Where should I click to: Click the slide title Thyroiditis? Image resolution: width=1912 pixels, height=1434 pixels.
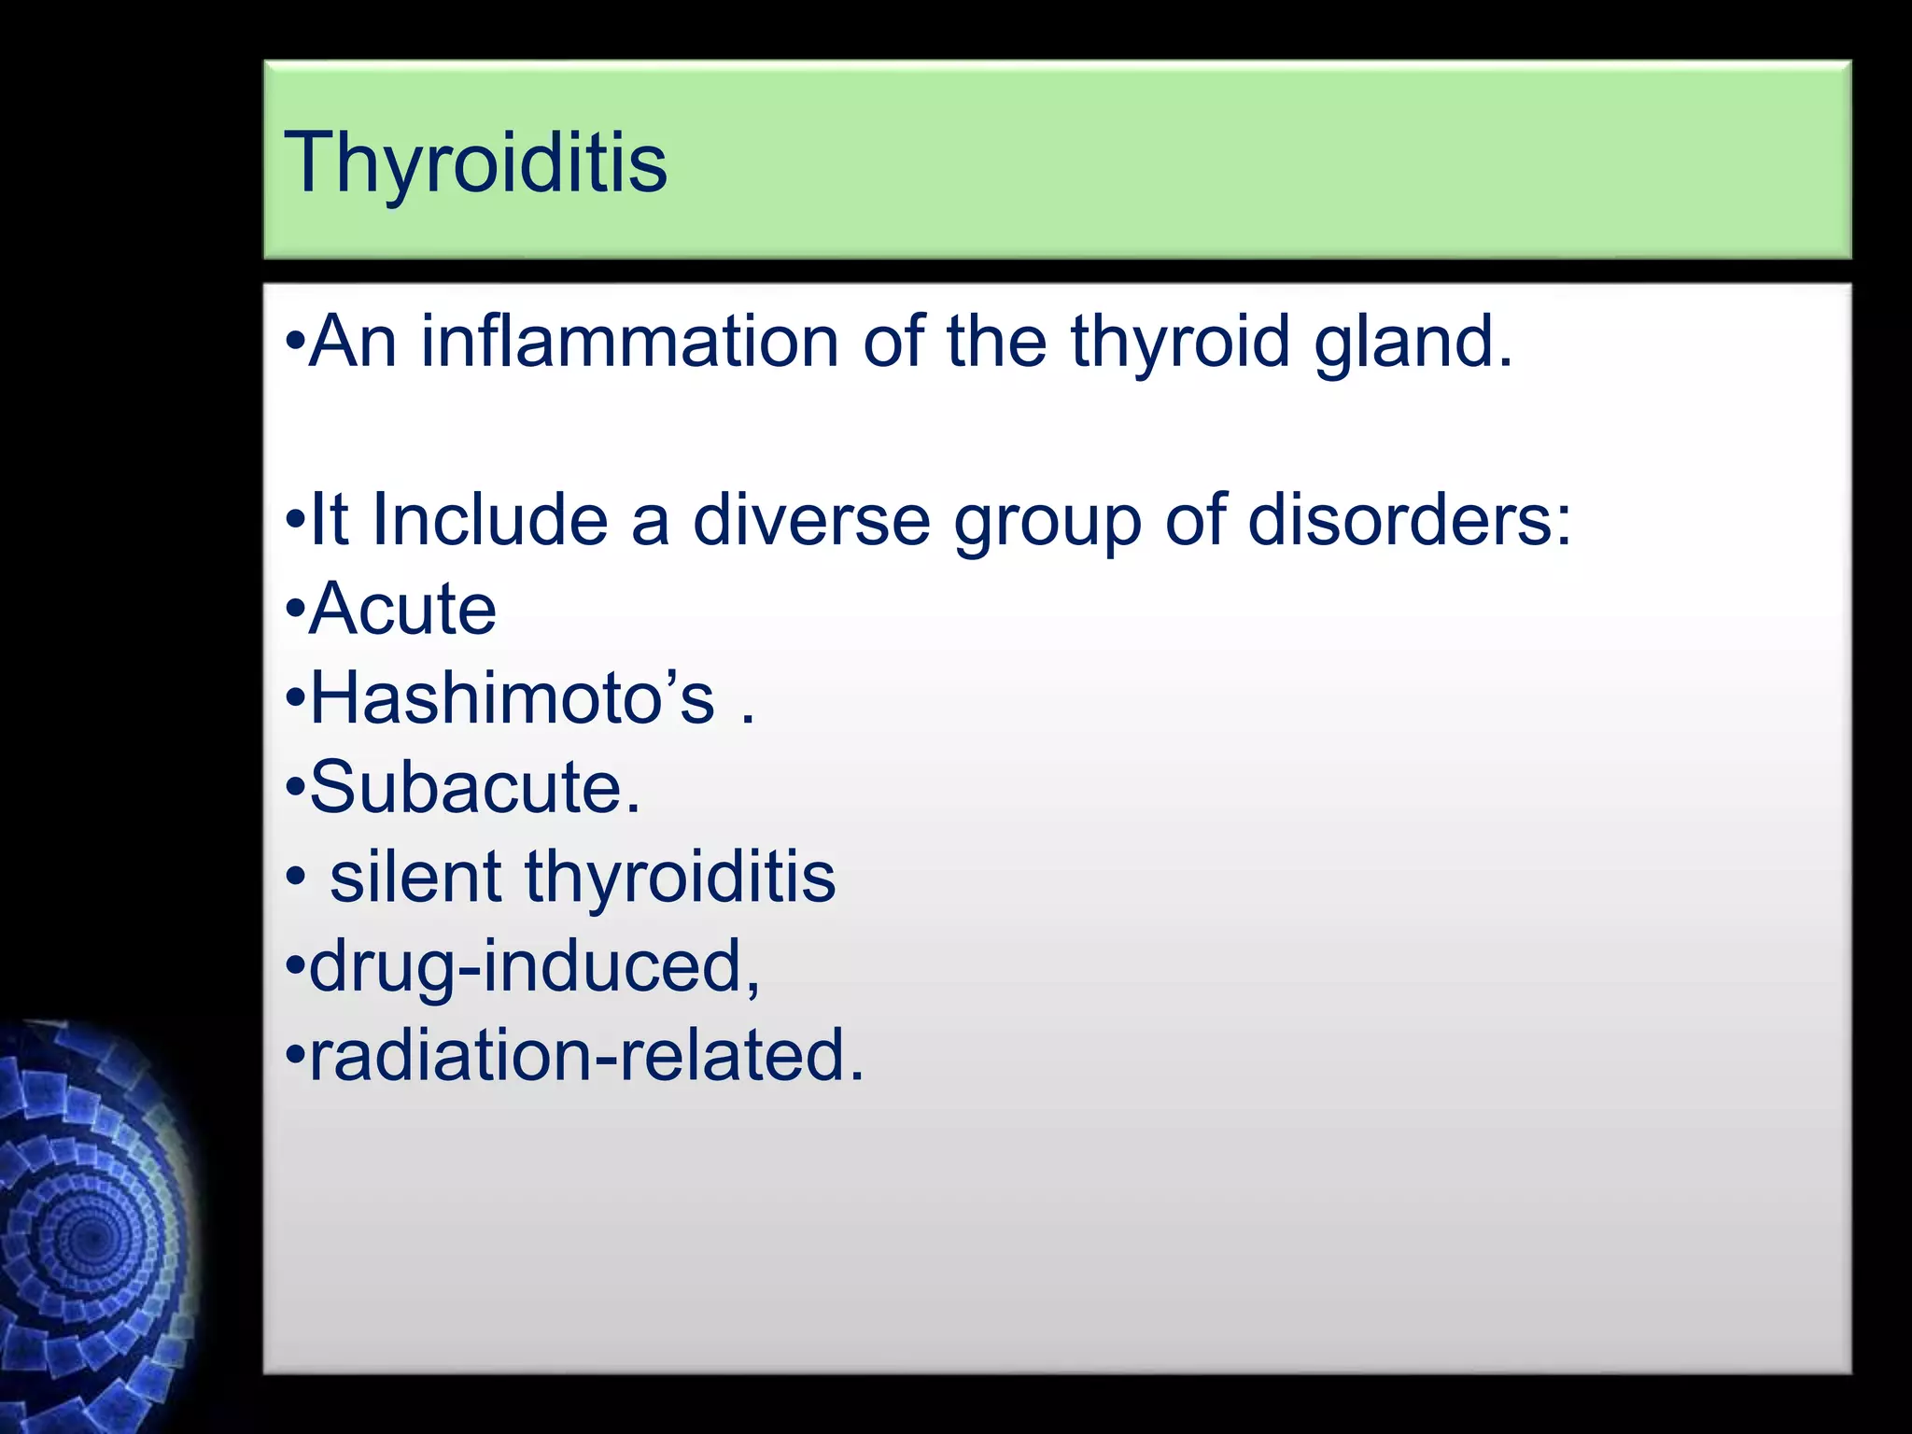(475, 164)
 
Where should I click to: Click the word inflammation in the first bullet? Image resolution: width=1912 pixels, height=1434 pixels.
(630, 342)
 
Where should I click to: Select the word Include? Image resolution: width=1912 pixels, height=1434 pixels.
(489, 520)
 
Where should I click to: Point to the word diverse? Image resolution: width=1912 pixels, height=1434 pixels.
(811, 520)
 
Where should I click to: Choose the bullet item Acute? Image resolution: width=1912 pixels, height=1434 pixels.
(402, 610)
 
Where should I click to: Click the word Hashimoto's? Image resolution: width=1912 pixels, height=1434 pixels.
(512, 698)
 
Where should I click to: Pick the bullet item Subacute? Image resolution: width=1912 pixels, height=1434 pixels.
(474, 788)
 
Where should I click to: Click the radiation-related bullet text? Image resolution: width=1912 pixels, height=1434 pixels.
(586, 1056)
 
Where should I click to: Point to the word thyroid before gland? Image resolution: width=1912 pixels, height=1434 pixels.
(1180, 342)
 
